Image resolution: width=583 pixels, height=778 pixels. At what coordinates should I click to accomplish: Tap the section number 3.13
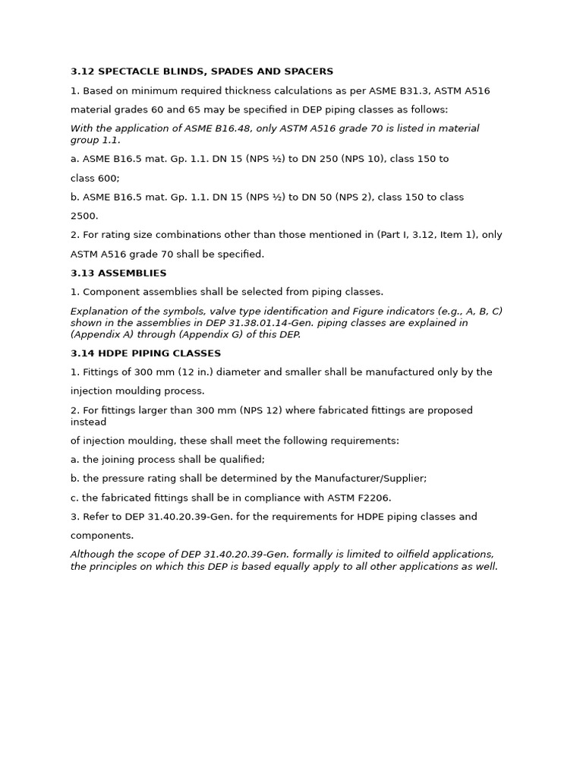81,273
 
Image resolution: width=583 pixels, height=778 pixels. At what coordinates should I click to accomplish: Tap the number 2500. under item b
84,216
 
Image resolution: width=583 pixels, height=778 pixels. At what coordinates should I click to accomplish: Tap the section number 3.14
81,353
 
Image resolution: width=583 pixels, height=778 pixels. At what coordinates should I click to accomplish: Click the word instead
88,422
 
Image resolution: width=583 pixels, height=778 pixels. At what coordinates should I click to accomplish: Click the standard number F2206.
373,498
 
